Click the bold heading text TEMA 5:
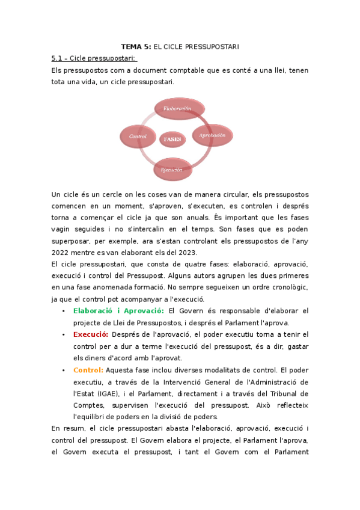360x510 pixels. tap(136, 46)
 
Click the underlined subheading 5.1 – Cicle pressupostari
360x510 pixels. tap(94, 58)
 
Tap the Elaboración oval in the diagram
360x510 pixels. tap(178, 109)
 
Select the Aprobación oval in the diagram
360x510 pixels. tap(212, 136)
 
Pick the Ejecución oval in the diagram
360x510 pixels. tap(171, 170)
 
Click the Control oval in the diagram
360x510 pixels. tap(138, 137)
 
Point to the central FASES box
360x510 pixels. tap(172, 139)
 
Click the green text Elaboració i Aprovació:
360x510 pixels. tap(118, 311)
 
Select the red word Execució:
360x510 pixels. tap(91, 334)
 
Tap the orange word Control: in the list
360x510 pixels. tap(88, 370)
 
